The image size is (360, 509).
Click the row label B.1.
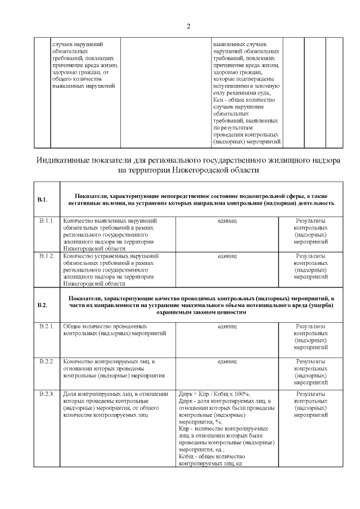point(42,199)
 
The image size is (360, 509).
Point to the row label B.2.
point(42,305)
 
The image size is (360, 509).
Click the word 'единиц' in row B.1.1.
point(227,221)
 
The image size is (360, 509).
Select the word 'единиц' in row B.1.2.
point(227,256)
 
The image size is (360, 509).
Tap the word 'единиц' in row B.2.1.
point(227,326)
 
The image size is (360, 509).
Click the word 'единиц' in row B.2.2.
point(227,361)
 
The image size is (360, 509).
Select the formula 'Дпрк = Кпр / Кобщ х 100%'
point(214,394)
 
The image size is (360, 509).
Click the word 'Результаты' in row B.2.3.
point(310,394)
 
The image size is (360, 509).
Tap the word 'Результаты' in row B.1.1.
point(310,221)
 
